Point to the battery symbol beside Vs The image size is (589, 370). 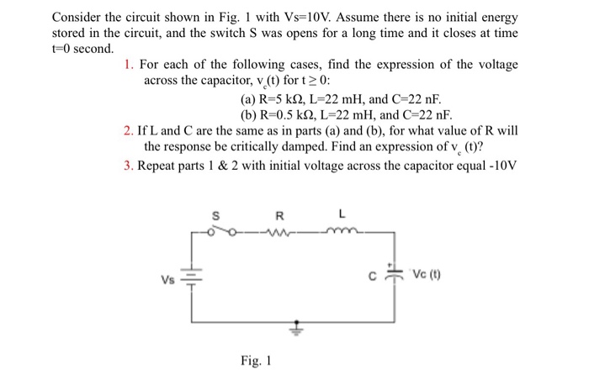tap(189, 276)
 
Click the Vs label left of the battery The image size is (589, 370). tap(168, 277)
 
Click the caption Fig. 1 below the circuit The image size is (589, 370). tap(256, 360)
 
